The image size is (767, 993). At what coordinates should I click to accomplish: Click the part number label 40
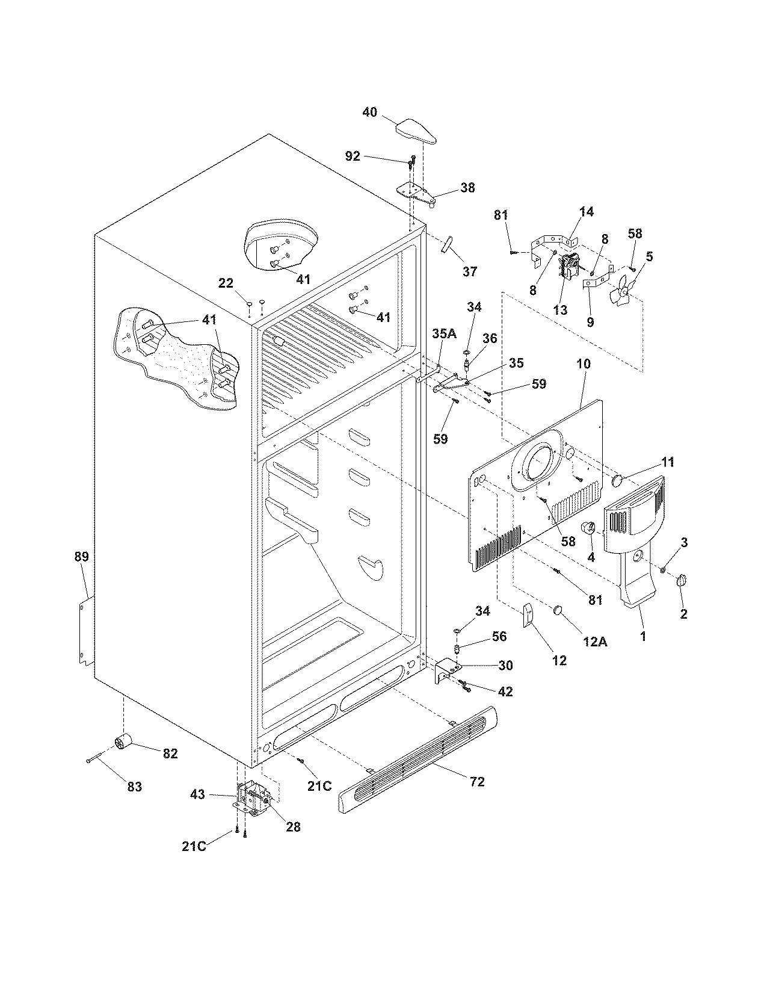coord(369,112)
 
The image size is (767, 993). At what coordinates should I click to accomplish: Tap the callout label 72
coord(478,782)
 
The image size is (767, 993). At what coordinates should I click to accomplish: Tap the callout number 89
coord(81,557)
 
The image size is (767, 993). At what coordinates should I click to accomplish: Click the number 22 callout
coord(226,283)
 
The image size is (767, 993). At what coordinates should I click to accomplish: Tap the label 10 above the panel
coord(583,363)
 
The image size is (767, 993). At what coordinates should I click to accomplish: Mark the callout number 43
coord(198,794)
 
